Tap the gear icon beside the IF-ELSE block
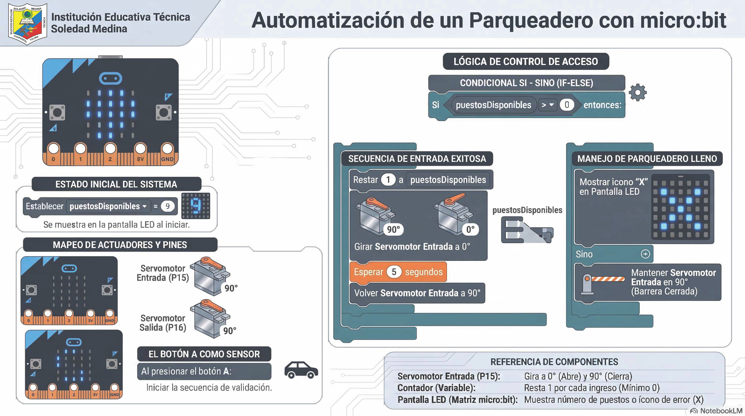click(638, 93)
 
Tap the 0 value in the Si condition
click(567, 105)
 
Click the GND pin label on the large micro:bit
click(167, 159)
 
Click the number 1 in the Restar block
click(388, 180)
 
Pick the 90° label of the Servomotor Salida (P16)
click(230, 331)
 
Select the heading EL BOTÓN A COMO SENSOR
click(204, 354)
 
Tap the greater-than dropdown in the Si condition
click(547, 105)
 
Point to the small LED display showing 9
click(196, 206)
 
